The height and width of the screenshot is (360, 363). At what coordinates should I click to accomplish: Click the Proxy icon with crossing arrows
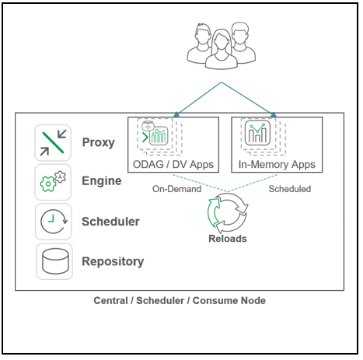pos(54,142)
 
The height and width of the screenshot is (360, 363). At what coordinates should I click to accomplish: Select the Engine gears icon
pos(54,181)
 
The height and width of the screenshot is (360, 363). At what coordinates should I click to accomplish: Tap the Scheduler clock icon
pos(54,222)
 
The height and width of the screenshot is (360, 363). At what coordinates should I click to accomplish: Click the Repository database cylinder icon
pos(54,262)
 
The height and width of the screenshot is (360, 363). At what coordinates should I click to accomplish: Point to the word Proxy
pos(98,142)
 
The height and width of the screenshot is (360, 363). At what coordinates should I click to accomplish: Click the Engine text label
pos(101,181)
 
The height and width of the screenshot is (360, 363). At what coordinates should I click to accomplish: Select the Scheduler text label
pos(110,222)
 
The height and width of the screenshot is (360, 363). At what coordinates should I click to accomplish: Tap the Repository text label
pos(113,262)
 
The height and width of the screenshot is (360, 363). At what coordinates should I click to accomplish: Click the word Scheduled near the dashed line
pos(290,188)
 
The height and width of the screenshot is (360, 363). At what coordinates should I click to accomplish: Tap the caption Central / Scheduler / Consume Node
pos(180,301)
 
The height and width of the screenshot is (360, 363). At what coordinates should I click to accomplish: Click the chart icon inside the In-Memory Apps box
pos(257,135)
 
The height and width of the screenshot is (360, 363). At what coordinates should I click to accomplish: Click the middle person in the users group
pos(221,47)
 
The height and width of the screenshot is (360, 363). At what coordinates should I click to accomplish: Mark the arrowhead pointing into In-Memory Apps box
pos(272,115)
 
